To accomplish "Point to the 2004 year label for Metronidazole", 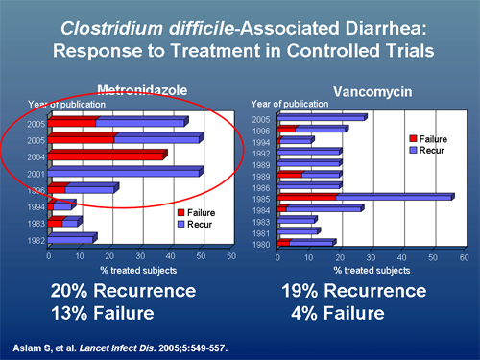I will (x=34, y=156).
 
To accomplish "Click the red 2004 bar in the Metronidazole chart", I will (x=106, y=156).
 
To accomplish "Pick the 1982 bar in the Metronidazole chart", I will (x=71, y=239).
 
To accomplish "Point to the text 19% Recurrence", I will (x=352, y=290).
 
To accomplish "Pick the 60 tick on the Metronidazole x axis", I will (x=230, y=256).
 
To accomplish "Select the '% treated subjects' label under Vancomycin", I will (x=368, y=271).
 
